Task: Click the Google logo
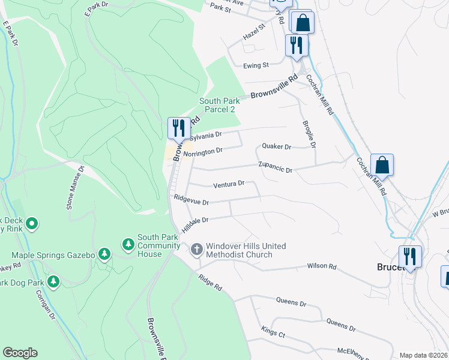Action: tap(20, 353)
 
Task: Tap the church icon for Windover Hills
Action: tap(197, 249)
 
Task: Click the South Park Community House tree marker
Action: tap(128, 244)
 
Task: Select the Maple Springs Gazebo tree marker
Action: tap(104, 254)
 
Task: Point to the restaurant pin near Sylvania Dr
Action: tap(178, 128)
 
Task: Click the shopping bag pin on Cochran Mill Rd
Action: tap(382, 165)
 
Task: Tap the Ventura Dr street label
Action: tap(229, 183)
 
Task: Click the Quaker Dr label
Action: tap(276, 146)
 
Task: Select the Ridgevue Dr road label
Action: tap(191, 200)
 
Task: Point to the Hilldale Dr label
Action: tap(194, 221)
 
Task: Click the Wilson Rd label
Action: tap(322, 266)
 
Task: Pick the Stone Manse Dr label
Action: tap(76, 188)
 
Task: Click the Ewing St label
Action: tap(256, 65)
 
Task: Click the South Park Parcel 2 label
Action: tap(217, 105)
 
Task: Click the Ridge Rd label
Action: tap(210, 284)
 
